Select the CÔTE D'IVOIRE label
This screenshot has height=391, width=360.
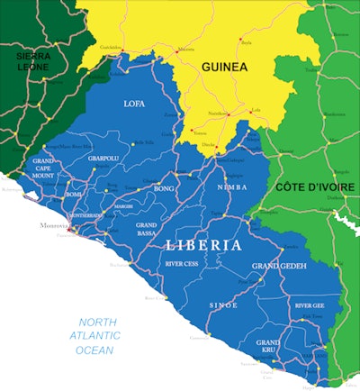[x=315, y=186]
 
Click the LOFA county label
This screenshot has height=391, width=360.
[x=134, y=104]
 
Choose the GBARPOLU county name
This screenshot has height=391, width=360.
[x=103, y=159]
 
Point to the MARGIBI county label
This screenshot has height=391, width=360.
[x=123, y=205]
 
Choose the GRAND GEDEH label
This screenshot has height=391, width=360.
[x=279, y=266]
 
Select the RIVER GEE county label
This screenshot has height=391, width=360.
[x=312, y=305]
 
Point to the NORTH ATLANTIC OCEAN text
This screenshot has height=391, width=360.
[x=96, y=336]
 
